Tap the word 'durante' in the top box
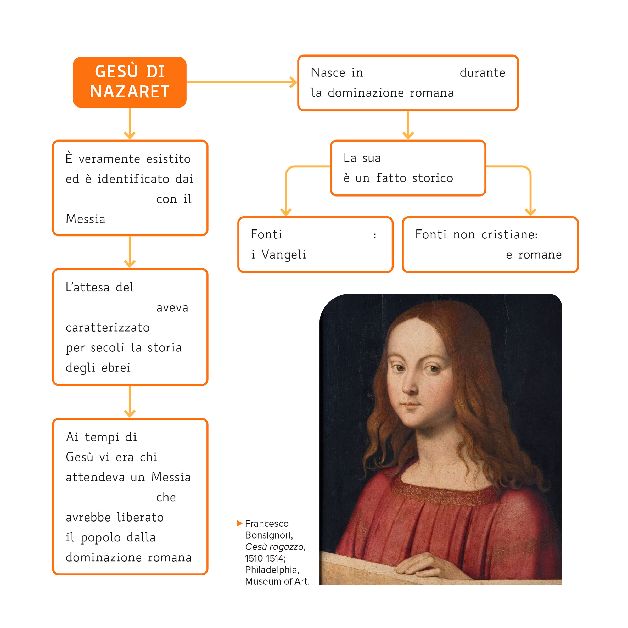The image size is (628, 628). (482, 72)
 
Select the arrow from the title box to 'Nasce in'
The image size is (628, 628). (242, 82)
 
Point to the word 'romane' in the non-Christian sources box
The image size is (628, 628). (540, 255)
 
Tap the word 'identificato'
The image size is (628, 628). (133, 179)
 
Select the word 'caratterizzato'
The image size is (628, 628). (108, 327)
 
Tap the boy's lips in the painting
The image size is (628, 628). (411, 405)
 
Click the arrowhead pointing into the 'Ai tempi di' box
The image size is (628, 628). (130, 413)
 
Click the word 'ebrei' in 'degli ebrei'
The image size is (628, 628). (116, 368)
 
